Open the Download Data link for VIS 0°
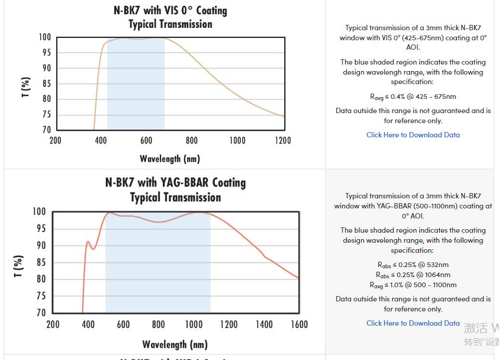coord(413,135)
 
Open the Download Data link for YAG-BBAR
coord(413,323)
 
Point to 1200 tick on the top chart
coord(283,140)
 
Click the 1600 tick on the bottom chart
coord(300,324)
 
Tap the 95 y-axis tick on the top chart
coord(46,53)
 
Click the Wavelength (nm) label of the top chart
coord(170,159)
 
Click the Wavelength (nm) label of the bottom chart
coord(175,345)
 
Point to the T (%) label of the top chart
coord(25,86)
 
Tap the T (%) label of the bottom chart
coord(18,266)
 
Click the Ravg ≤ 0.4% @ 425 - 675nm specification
coord(413,97)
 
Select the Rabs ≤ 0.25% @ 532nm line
coord(413,265)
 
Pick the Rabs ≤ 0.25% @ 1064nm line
coord(413,275)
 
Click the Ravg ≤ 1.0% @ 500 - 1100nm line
coord(413,285)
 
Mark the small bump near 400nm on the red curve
coord(88,242)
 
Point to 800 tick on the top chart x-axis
coord(192,140)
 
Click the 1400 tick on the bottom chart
coord(264,324)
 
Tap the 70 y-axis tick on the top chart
coord(46,130)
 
